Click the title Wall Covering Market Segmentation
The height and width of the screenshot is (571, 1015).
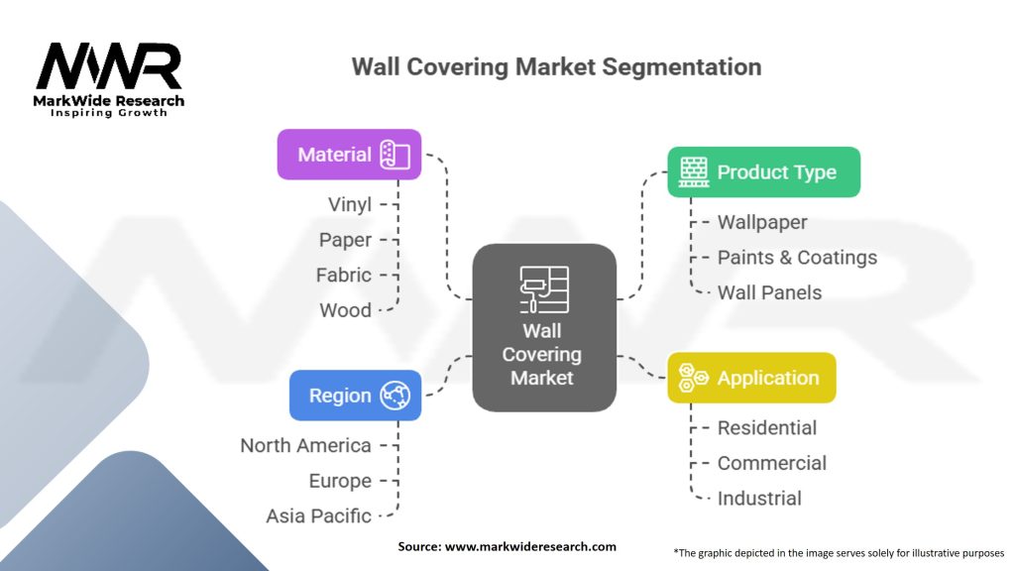556,67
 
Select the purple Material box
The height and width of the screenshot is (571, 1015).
349,155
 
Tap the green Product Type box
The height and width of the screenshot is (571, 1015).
763,172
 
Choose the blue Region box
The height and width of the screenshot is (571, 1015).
355,396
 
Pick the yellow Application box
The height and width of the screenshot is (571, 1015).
751,378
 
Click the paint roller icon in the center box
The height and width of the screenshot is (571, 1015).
544,289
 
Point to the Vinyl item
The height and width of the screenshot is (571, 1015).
350,204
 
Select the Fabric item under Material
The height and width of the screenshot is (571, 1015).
344,275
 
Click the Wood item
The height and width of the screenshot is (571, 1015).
345,310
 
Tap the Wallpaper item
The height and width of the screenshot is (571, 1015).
762,222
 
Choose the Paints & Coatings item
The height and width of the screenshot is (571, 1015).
797,258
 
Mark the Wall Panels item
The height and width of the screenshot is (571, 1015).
769,292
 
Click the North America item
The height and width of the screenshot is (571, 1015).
305,445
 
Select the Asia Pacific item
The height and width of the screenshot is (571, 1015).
318,515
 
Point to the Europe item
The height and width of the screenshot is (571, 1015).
340,481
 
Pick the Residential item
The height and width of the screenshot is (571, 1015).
767,428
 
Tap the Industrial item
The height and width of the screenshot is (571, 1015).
759,499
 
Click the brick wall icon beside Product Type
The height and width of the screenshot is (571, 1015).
693,172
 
